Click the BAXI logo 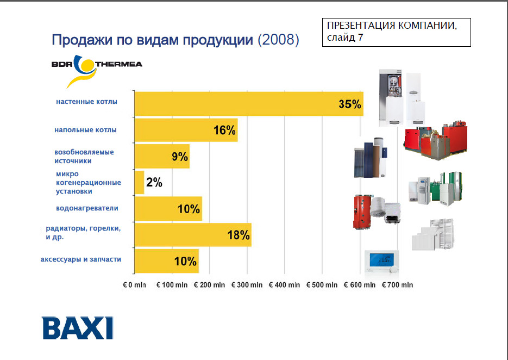pyautogui.click(x=78, y=327)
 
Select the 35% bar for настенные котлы pyautogui.click(x=248, y=104)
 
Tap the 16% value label pyautogui.click(x=224, y=131)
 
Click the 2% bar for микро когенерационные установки pyautogui.click(x=139, y=183)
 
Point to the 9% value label pyautogui.click(x=180, y=157)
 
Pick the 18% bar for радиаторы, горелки pyautogui.click(x=193, y=235)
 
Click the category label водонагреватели pyautogui.click(x=87, y=208)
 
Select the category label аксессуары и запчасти pyautogui.click(x=81, y=259)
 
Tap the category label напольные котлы pyautogui.click(x=85, y=130)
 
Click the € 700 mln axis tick pyautogui.click(x=397, y=285)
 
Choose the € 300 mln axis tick pyautogui.click(x=247, y=285)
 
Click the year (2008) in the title pyautogui.click(x=278, y=40)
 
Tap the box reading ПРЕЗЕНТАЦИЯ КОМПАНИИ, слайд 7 pyautogui.click(x=396, y=32)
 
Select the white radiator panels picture pyautogui.click(x=432, y=234)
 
